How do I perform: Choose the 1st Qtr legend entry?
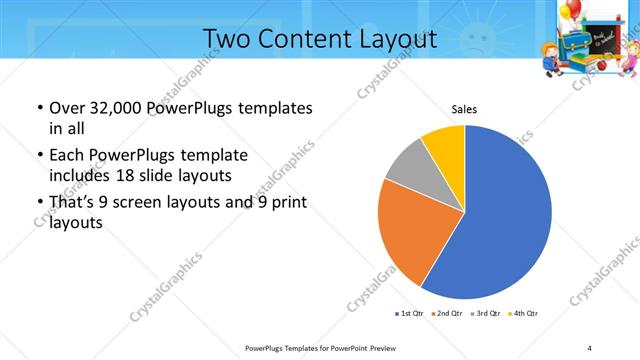click(x=409, y=314)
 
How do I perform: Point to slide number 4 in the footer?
click(x=589, y=347)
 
